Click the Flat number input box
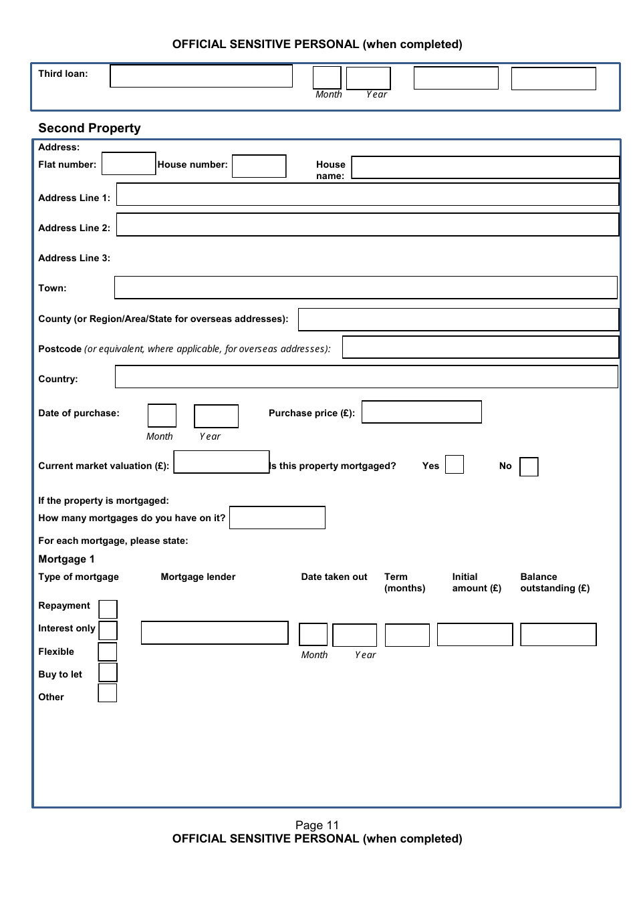128,164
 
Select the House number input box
259,166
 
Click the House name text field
485,168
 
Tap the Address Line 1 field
368,194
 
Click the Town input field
366,287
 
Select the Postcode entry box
481,347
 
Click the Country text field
366,377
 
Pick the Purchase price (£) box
421,412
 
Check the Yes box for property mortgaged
455,464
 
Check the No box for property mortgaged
529,466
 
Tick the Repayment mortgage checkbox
108,609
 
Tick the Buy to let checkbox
108,672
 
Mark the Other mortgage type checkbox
107,693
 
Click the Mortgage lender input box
215,633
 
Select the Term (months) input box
407,635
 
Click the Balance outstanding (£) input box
558,635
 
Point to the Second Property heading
90,128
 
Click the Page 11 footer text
317,825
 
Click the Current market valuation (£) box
221,462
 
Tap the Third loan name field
201,76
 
